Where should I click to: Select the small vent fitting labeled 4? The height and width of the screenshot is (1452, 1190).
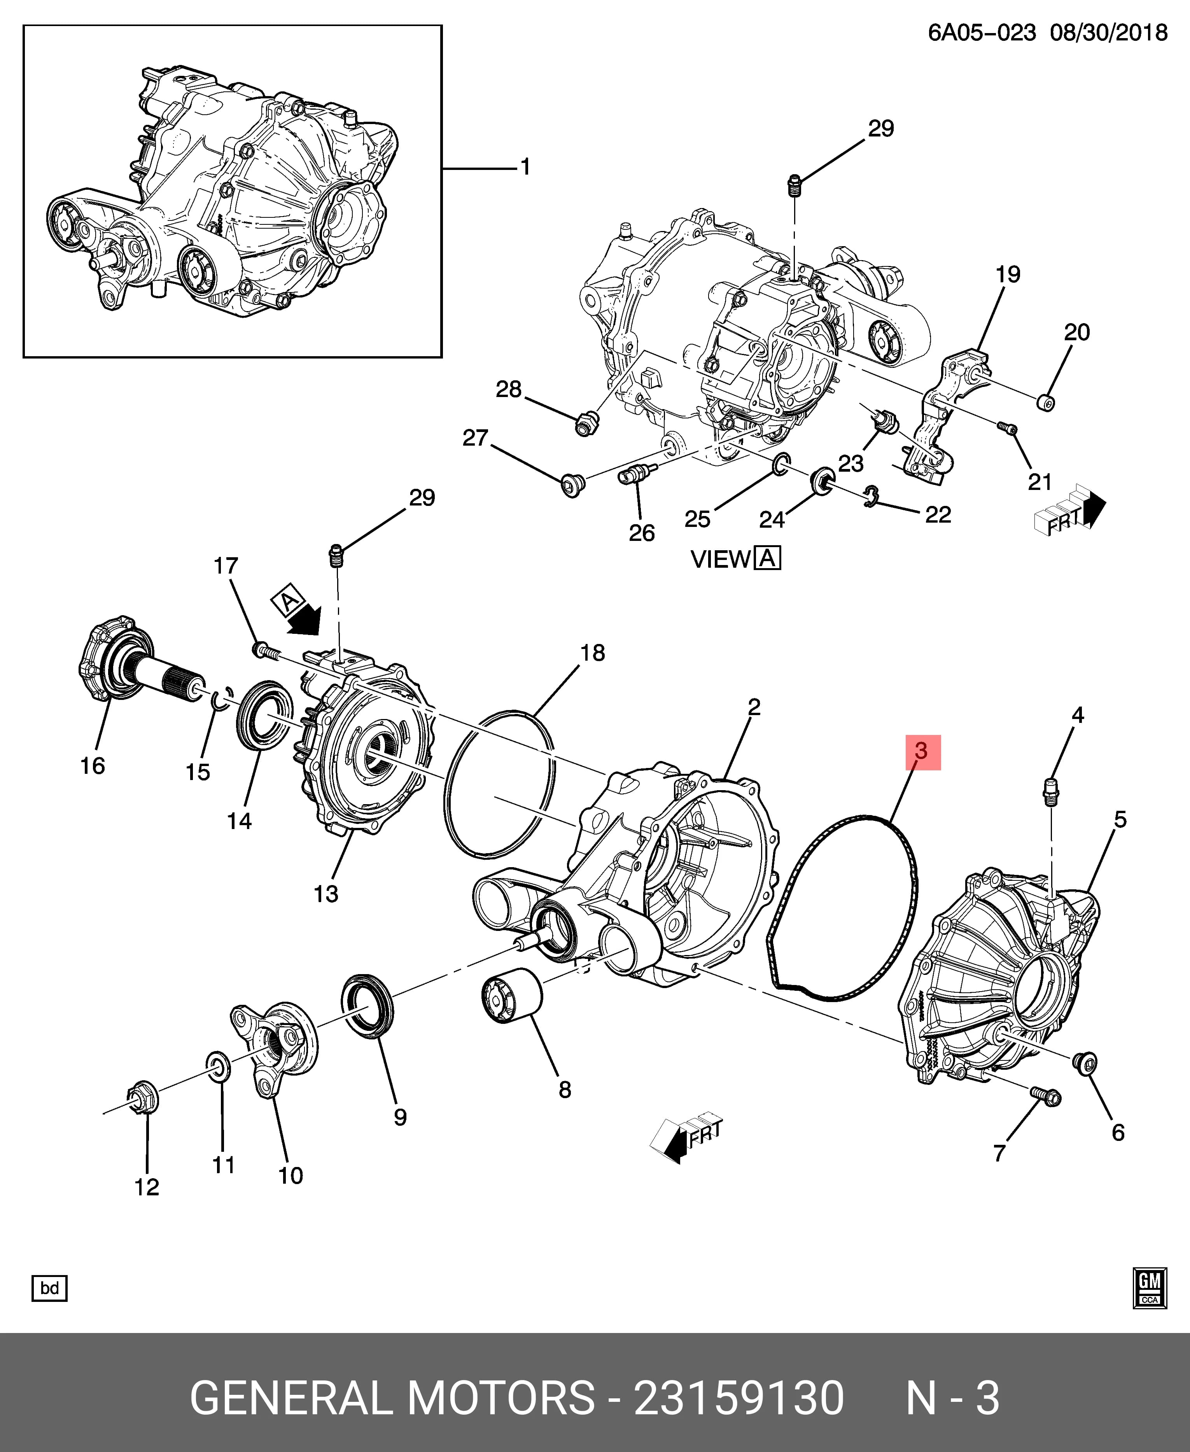coord(1050,791)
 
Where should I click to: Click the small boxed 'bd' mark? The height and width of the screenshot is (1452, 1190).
coord(49,1288)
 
